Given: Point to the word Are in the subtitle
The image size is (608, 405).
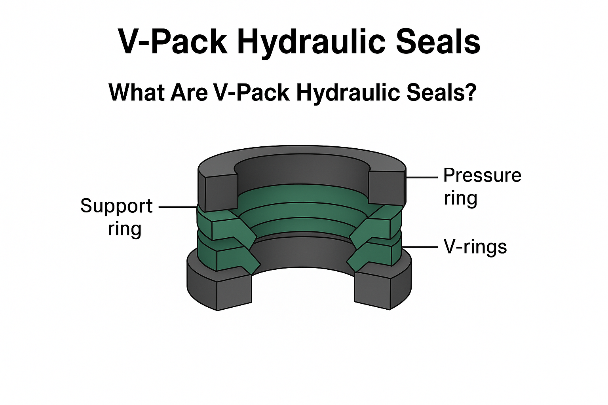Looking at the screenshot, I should [190, 92].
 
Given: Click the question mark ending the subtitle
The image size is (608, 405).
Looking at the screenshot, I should [470, 92].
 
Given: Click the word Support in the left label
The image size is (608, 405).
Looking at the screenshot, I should [116, 206].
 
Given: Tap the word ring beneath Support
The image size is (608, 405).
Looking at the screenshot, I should [124, 229].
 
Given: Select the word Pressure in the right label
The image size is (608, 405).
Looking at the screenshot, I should [482, 176].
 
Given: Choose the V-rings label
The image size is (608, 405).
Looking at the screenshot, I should [475, 247].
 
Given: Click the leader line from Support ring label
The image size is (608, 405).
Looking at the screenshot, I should [177, 206].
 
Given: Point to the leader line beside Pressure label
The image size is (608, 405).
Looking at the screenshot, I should [422, 178].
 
